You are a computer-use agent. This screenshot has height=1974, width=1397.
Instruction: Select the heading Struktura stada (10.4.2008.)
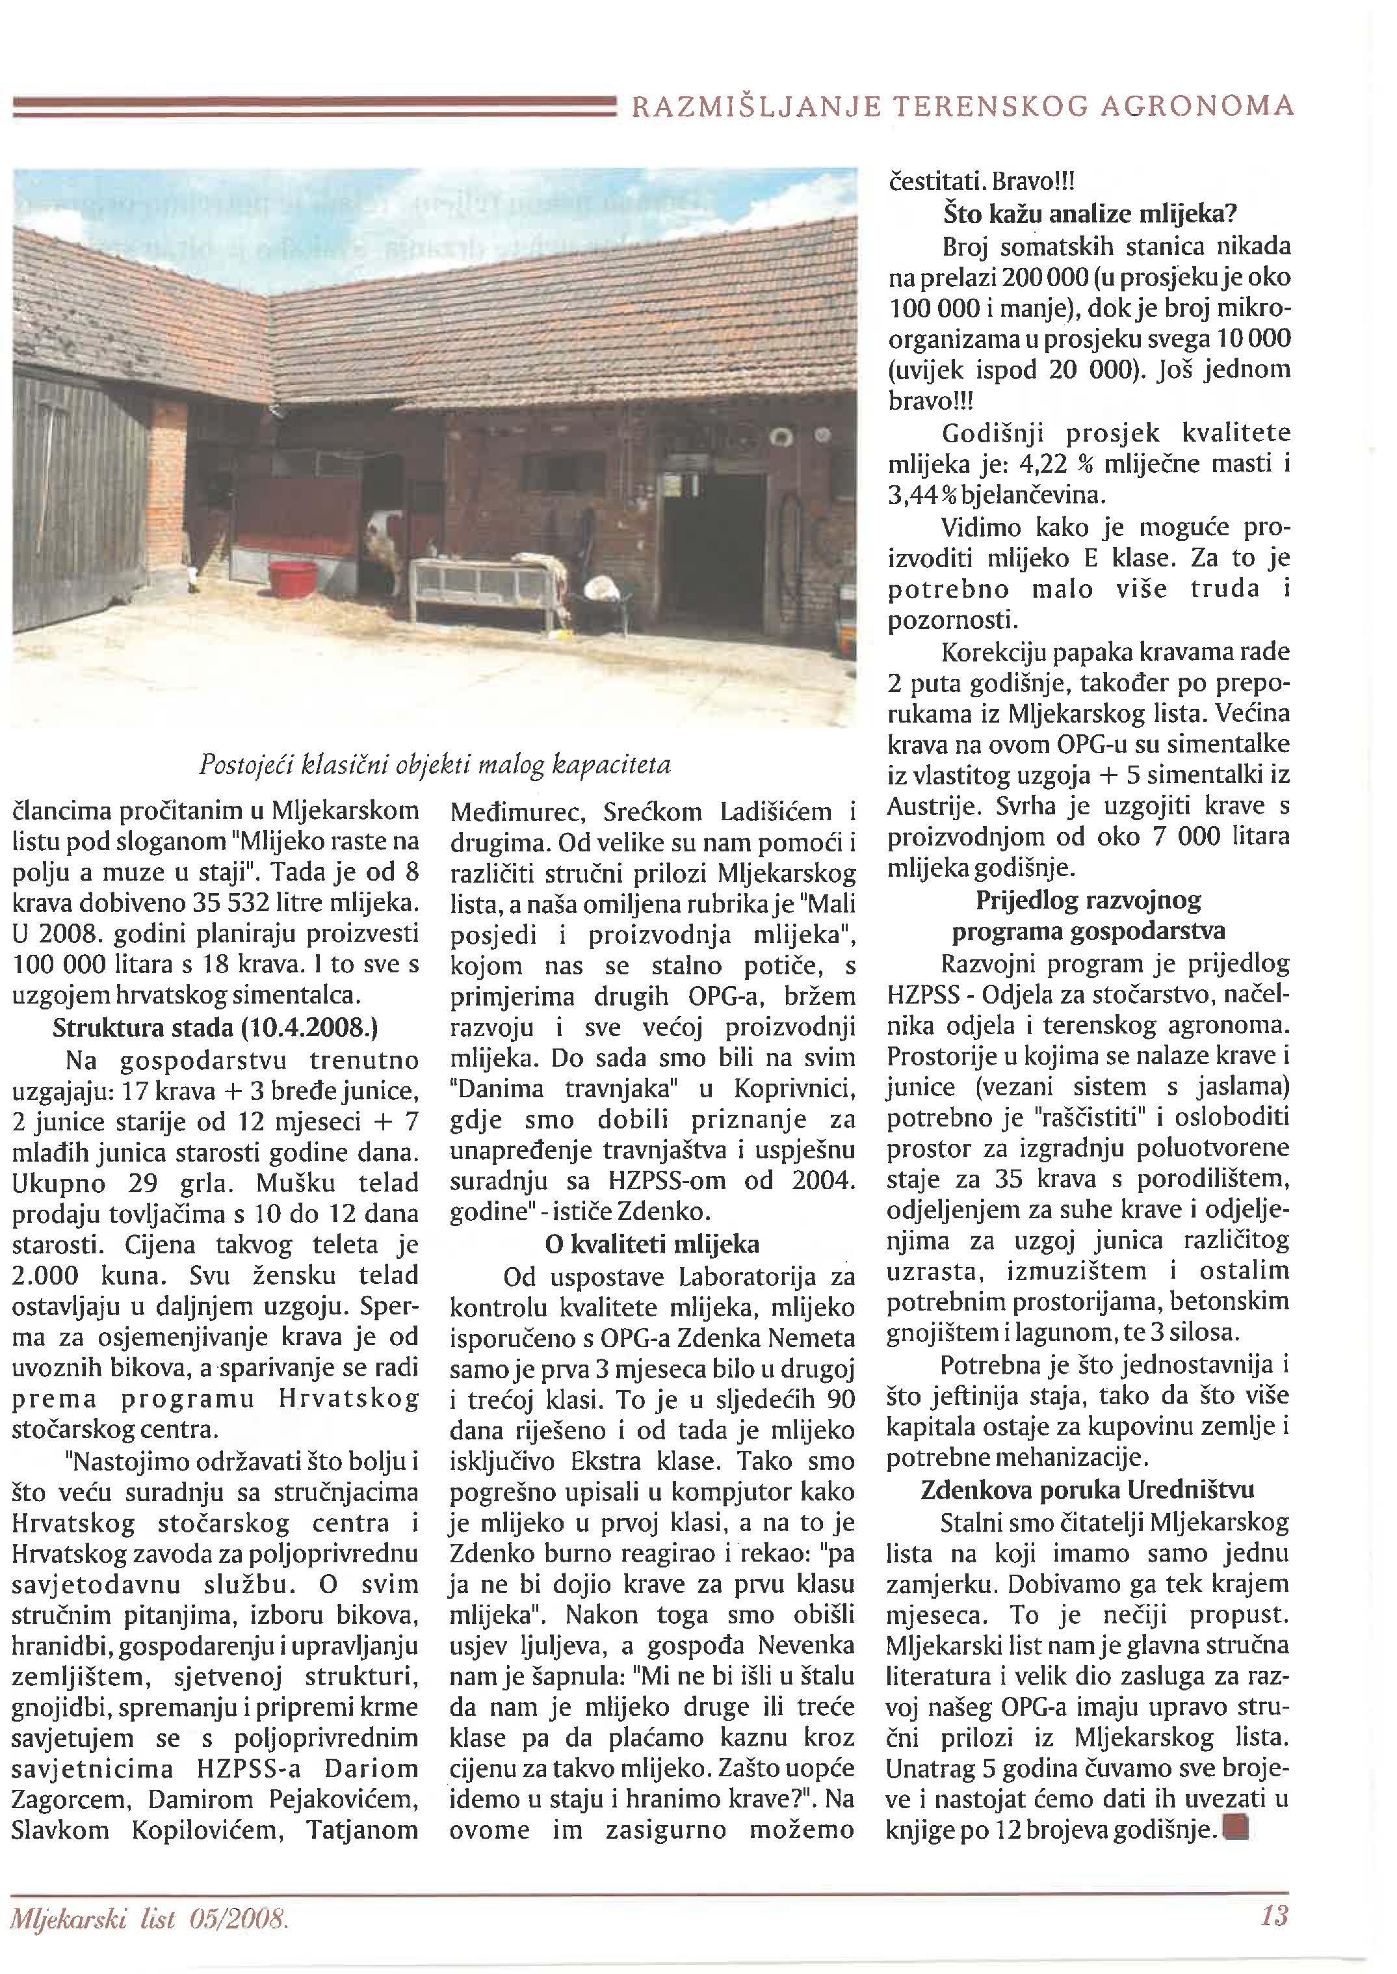[x=215, y=1029]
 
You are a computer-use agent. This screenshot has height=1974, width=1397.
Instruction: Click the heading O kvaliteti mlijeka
[x=652, y=1245]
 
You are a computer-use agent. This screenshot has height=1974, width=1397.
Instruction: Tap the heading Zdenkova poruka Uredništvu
[x=1088, y=1489]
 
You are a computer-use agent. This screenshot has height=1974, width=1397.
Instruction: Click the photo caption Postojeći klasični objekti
[x=434, y=765]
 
